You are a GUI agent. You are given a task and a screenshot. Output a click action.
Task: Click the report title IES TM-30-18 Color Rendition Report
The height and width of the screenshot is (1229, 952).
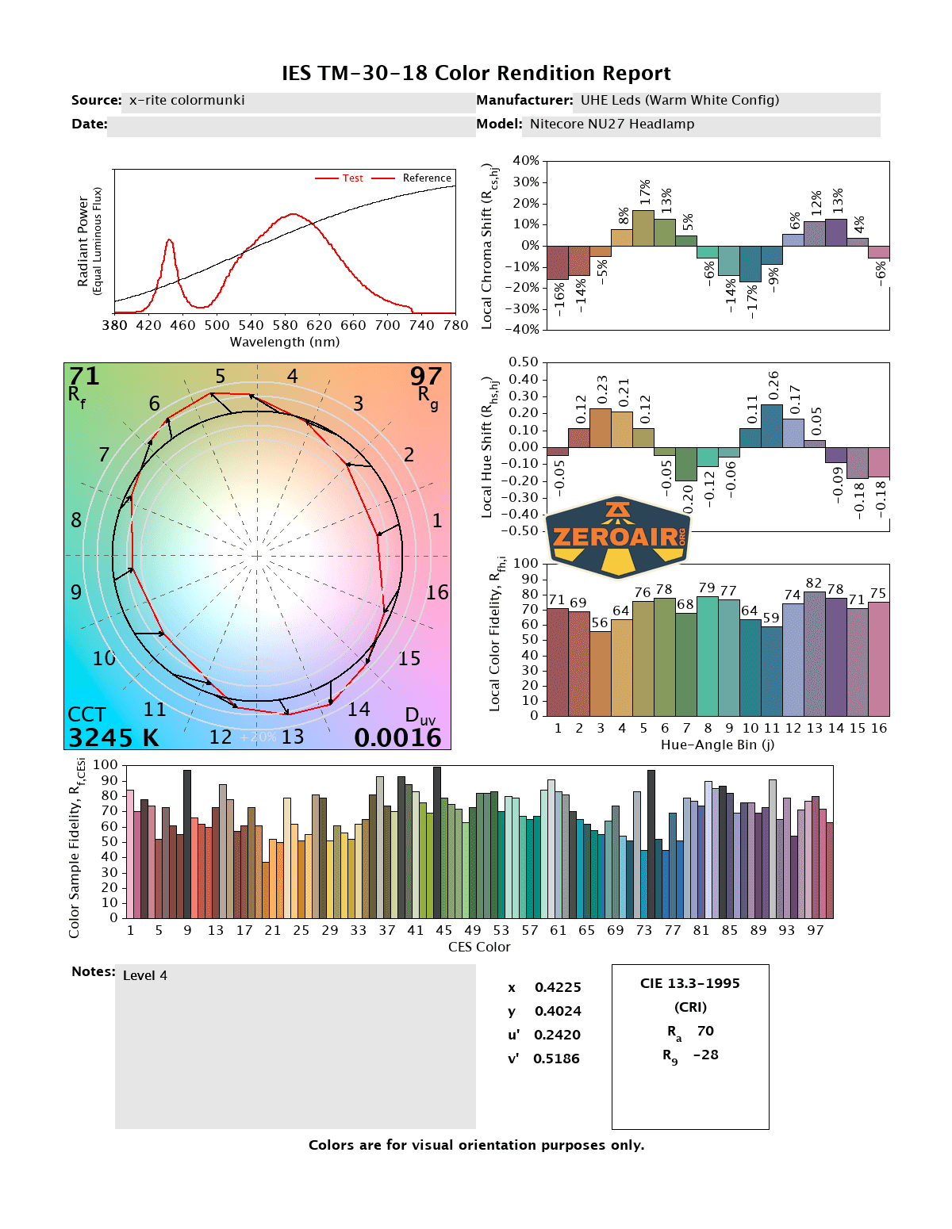pos(476,73)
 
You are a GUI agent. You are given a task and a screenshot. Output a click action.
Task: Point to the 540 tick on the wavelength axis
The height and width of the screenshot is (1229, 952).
pos(251,325)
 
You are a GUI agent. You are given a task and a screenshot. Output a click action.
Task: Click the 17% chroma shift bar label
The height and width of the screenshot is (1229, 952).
pos(645,193)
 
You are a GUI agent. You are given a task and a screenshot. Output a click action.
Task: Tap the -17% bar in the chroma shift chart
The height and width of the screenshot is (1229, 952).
pos(750,263)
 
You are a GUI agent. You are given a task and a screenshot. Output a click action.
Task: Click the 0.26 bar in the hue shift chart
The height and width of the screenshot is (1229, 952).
pos(772,426)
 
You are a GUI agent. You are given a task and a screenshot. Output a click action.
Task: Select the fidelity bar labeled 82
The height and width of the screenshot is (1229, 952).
pos(814,653)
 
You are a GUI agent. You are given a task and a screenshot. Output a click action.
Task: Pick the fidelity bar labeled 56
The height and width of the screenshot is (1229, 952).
pos(600,673)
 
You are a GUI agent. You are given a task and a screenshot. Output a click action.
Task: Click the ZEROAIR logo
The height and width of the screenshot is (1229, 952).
pos(618,538)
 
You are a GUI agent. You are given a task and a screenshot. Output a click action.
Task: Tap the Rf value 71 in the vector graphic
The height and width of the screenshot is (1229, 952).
pos(84,376)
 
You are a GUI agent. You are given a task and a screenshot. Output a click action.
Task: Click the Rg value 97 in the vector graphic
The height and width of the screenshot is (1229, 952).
pos(426,376)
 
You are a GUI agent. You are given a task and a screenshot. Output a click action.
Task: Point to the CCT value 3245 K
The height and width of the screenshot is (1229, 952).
pos(113,737)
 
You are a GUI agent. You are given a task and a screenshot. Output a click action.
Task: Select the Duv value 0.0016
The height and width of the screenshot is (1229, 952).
pos(397,737)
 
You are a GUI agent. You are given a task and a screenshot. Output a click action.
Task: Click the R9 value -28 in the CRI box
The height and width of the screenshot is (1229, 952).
pos(705,1055)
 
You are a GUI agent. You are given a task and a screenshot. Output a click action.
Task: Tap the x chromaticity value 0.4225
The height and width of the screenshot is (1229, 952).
pos(558,987)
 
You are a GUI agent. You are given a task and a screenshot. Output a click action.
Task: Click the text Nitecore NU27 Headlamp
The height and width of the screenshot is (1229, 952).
pos(612,124)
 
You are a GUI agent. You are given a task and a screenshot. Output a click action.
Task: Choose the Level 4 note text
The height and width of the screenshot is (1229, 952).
pos(145,975)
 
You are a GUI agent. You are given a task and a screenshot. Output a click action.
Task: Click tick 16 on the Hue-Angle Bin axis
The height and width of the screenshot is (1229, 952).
pos(878,728)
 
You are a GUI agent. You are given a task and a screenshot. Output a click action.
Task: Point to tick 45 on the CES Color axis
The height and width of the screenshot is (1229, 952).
pos(443,930)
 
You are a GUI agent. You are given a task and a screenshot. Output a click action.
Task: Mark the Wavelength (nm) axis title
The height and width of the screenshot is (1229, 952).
pos(285,342)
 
